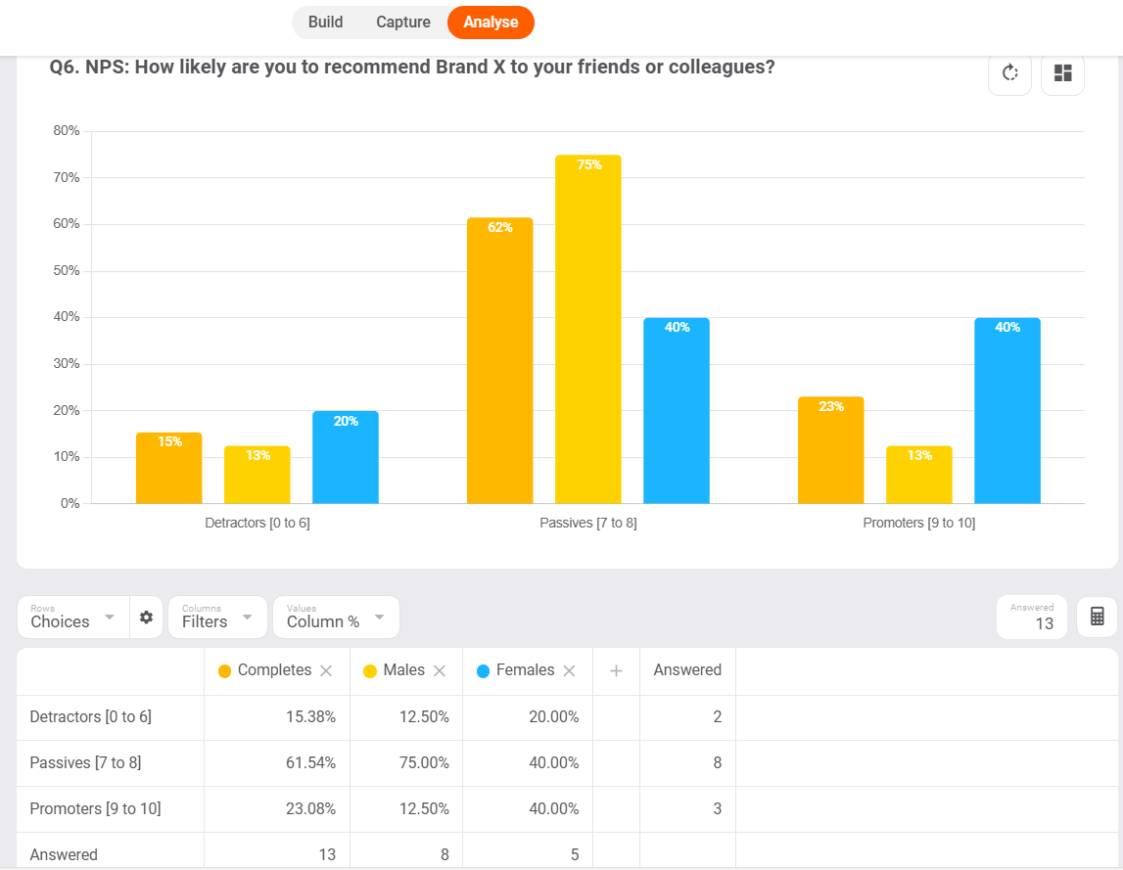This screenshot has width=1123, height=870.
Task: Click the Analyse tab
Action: coord(491,23)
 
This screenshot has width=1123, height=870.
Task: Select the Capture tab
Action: coord(403,23)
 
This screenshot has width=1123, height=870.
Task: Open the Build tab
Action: coord(325,23)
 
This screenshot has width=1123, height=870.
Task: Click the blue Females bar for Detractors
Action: coord(345,457)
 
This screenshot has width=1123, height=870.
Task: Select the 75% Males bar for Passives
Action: coord(587,329)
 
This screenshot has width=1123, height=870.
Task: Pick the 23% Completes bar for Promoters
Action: coord(830,450)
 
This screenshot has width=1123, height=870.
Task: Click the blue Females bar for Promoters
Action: coord(1006,411)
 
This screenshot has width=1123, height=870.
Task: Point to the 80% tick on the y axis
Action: coord(67,131)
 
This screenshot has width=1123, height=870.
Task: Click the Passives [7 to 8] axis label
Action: coord(587,524)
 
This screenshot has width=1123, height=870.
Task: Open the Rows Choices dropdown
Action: coord(73,618)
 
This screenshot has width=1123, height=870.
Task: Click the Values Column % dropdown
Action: coord(336,618)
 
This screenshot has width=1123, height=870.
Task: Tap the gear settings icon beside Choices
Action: coord(146,618)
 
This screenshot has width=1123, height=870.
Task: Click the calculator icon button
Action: coord(1097,618)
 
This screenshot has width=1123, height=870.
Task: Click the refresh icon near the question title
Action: coord(1009,73)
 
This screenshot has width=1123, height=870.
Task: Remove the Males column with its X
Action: coord(440,671)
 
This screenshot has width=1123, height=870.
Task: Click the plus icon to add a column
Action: coord(616,671)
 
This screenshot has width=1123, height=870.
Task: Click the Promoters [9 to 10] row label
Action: coord(95,809)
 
